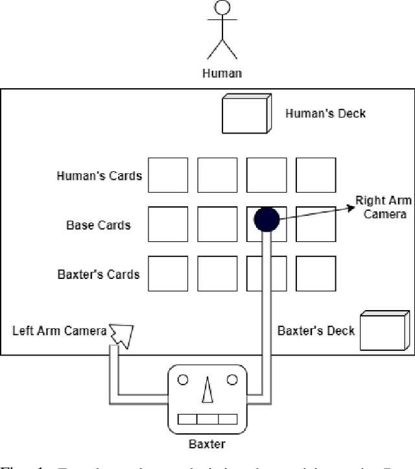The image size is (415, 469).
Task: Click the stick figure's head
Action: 222,8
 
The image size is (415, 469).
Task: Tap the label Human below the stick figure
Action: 222,73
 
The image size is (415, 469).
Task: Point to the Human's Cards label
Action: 99,176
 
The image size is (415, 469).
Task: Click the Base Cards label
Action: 99,225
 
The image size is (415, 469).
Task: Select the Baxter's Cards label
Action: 99,274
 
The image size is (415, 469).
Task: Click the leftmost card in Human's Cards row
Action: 168,175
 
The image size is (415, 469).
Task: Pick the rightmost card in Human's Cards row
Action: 316,175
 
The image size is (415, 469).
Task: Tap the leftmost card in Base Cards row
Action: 168,224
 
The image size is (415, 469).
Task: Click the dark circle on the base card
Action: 266,220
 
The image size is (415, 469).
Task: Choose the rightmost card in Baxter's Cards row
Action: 316,273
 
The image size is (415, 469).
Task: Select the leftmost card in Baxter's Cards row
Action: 168,273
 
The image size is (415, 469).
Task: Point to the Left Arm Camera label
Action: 59,331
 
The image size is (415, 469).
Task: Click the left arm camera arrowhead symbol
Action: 123,335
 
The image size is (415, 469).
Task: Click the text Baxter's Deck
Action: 316,331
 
